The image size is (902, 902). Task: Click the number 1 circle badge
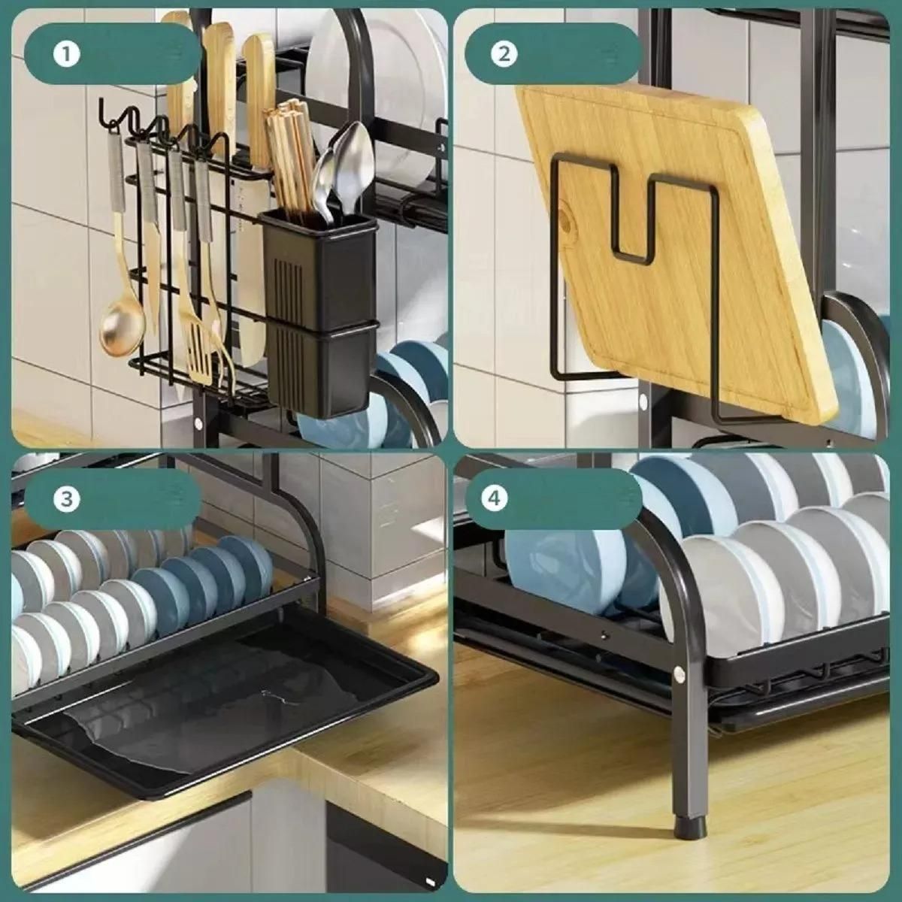(66, 55)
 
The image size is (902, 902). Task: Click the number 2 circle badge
(504, 55)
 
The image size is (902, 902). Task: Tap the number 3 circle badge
(66, 499)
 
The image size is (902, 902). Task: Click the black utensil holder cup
(319, 313)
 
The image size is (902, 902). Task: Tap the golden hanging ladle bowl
(121, 323)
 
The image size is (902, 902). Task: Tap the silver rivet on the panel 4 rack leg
(679, 674)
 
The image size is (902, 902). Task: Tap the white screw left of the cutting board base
(642, 401)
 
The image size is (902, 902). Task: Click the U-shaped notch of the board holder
(633, 220)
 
